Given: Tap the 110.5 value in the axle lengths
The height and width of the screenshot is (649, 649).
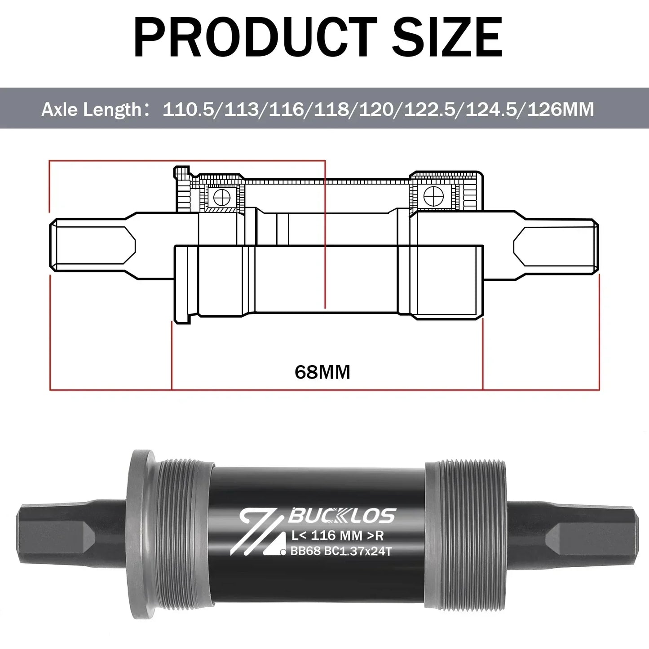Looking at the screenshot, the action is pos(188,110).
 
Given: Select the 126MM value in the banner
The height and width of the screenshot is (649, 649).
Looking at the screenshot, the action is pos(561,110).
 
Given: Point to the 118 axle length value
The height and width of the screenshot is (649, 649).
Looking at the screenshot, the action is pos(331,110).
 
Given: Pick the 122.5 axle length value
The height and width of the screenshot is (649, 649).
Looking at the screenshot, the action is pos(429,110).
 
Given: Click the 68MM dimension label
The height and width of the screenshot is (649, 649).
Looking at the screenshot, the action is pos(322,372).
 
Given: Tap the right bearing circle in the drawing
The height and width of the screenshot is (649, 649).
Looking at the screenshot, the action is pos(433,196).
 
